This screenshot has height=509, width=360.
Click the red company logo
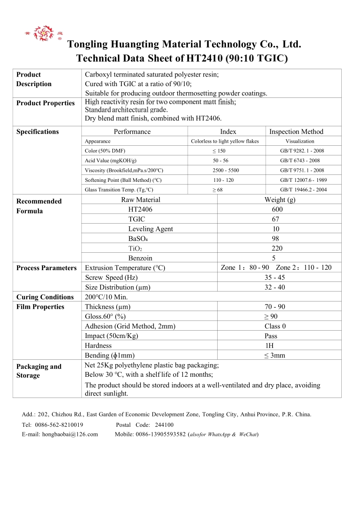coord(44,33)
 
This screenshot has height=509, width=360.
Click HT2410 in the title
coord(205,58)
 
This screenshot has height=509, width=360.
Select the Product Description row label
coord(34,79)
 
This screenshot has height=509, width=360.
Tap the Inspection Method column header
coord(296,132)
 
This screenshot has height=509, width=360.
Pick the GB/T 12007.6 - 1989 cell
coord(303,180)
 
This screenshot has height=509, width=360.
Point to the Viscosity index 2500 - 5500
coord(225,171)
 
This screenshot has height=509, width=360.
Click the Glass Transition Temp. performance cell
coord(119,190)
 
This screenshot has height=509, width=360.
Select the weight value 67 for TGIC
coord(275,219)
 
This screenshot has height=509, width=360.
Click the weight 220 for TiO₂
coord(276,248)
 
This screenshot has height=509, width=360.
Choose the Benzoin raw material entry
coord(140,258)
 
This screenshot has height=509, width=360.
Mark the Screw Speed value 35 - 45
coord(275,278)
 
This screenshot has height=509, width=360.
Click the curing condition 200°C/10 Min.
coord(106,297)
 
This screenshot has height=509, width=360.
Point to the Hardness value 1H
coord(269,345)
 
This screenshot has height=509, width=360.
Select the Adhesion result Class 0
coord(275,326)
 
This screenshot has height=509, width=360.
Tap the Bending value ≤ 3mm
coord(275,355)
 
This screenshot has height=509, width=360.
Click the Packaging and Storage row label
coord(39,371)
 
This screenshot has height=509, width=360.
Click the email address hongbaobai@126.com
coord(70,434)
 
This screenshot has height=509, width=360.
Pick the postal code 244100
coord(164,425)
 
